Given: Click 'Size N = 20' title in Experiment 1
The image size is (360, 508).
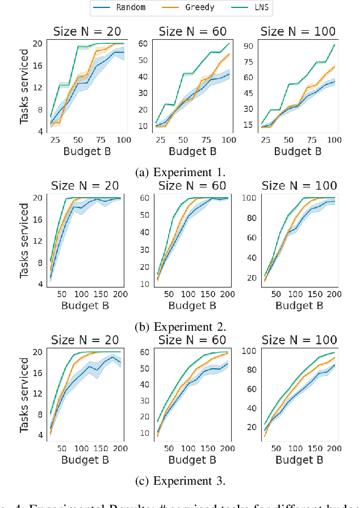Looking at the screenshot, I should (x=85, y=31).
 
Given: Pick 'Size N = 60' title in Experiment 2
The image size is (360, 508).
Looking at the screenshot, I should (x=192, y=185).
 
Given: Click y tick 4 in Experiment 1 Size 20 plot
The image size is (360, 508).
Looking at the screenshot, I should (x=39, y=132).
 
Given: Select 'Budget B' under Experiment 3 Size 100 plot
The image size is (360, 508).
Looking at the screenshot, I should (x=300, y=460).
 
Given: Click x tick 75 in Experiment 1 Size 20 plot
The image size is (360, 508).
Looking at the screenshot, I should (x=101, y=140).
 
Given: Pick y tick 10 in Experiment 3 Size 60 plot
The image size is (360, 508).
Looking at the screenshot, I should (x=144, y=433).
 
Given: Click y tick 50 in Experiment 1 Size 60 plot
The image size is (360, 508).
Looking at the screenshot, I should (x=144, y=60).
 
